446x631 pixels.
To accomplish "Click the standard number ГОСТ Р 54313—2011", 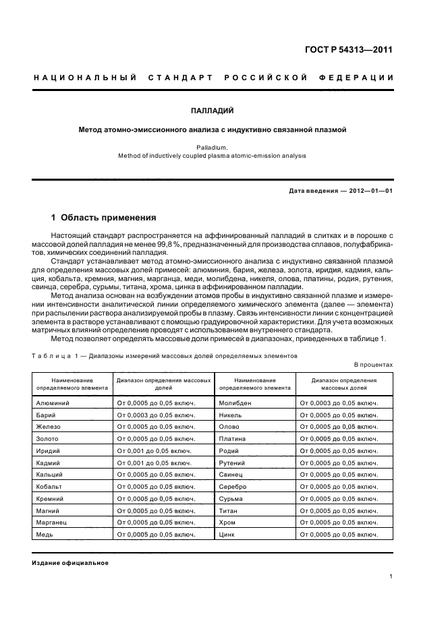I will pyautogui.click(x=350, y=50).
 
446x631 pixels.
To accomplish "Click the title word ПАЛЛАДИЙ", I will pyautogui.click(x=222, y=110).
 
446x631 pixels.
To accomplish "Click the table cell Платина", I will pyautogui.click(x=232, y=439).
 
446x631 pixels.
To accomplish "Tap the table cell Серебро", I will pyautogui.click(x=233, y=486).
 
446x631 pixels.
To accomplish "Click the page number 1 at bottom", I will pyautogui.click(x=391, y=576).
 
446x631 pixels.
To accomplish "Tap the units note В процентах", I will pyautogui.click(x=373, y=365).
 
